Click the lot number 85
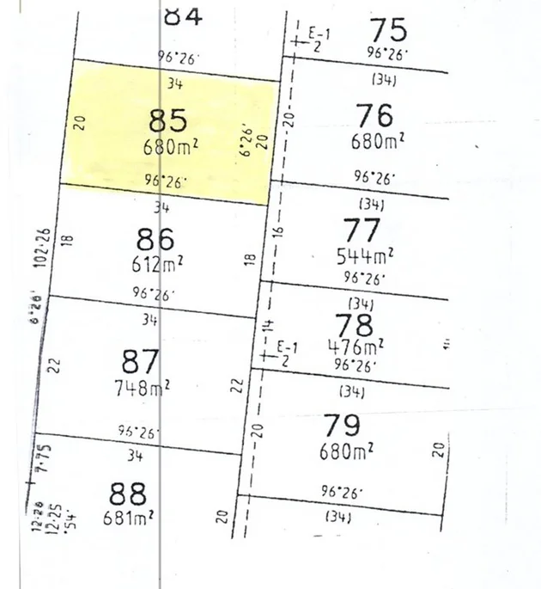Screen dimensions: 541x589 (x=168, y=120)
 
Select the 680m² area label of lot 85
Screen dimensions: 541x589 (x=172, y=146)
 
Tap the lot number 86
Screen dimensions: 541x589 (x=155, y=238)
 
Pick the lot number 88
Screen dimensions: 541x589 (x=129, y=494)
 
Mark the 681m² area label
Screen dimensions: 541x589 (x=125, y=518)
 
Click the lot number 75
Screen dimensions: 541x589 (x=387, y=30)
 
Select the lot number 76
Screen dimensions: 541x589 (x=373, y=114)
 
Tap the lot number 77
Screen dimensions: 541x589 (x=362, y=230)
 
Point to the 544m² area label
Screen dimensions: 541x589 (x=364, y=255)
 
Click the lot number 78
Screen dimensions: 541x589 (x=355, y=325)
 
